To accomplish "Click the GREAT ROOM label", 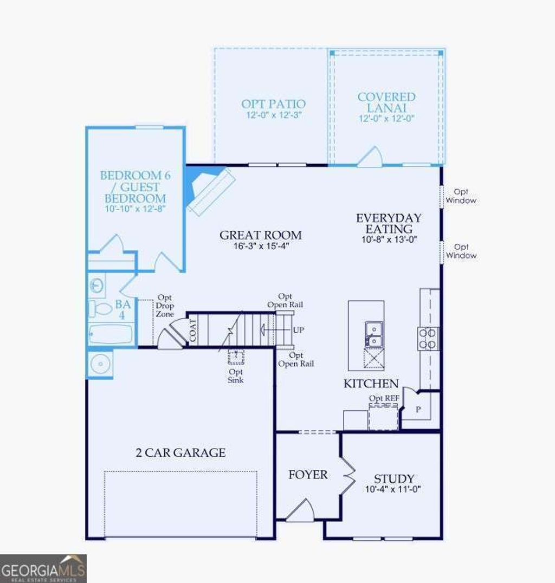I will pos(260,235).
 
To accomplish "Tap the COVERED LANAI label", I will pos(386,102).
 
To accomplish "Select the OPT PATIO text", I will pos(273,103).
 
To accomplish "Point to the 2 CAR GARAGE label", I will pos(180,453).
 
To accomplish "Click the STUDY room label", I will pos(394,479).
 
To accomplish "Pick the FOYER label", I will pos(308,475).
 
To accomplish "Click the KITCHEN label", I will pos(371,384).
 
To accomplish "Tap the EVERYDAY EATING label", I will pos(388,223).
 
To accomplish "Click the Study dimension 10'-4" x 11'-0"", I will pos(394,489).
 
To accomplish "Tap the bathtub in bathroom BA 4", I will pos(111,334).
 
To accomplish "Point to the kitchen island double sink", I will pos(373,334).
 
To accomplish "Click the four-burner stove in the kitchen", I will pos(428,338).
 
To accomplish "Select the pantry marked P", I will pos(418,410).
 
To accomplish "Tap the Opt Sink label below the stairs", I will pos(236,375).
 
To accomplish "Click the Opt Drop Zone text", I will pos(165,306).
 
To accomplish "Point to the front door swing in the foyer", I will pos(301,511).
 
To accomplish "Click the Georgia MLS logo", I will pos(43,568).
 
